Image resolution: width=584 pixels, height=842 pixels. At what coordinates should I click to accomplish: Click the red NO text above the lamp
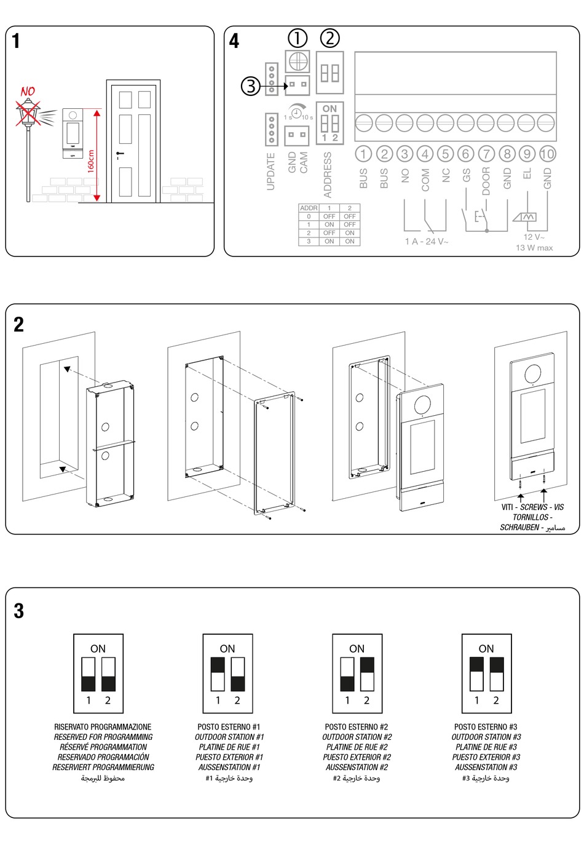pyautogui.click(x=28, y=92)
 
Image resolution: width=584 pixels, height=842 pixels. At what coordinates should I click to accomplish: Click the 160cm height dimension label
pyautogui.click(x=91, y=161)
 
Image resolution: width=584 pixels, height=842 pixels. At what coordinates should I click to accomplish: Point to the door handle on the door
pyautogui.click(x=119, y=153)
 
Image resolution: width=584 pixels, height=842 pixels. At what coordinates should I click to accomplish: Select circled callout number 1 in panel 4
pyautogui.click(x=298, y=38)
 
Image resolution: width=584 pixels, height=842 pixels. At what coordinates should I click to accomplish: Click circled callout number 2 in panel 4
pyautogui.click(x=330, y=38)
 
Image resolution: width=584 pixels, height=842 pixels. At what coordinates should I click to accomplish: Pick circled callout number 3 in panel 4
pyautogui.click(x=250, y=85)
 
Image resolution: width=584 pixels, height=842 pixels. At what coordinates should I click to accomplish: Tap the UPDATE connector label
pyautogui.click(x=271, y=172)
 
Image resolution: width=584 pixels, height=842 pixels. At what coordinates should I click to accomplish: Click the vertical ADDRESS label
pyautogui.click(x=328, y=174)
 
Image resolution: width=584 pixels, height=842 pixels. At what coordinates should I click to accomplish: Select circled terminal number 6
pyautogui.click(x=465, y=154)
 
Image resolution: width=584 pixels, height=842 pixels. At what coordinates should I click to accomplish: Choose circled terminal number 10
pyautogui.click(x=547, y=154)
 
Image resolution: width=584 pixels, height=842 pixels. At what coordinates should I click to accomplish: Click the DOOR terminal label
pyautogui.click(x=486, y=181)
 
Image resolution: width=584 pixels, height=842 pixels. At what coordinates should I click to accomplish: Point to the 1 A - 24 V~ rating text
pyautogui.click(x=427, y=242)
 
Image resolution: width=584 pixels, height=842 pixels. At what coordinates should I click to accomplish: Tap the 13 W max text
pyautogui.click(x=534, y=248)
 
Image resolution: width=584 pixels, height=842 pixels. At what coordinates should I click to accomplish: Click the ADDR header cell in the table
pyautogui.click(x=309, y=208)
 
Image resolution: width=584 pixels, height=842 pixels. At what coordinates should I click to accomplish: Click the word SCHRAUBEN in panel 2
pyautogui.click(x=519, y=528)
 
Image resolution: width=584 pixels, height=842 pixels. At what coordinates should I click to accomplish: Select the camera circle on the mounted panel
pyautogui.click(x=532, y=373)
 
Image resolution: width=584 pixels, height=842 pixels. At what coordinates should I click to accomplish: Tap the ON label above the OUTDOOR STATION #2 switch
pyautogui.click(x=357, y=648)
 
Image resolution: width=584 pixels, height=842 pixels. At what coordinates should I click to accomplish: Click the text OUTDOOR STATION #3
pyautogui.click(x=486, y=737)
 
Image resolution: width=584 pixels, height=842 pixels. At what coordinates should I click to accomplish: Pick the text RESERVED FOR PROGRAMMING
pyautogui.click(x=103, y=737)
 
